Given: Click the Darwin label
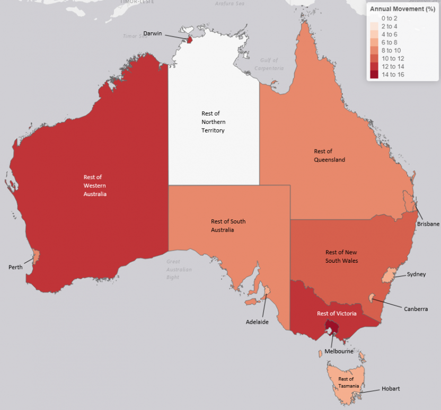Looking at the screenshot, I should click(153, 33).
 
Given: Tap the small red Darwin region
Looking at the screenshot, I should click(189, 40).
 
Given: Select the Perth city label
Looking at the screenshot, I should click(15, 267).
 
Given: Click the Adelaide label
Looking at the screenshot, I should click(257, 322).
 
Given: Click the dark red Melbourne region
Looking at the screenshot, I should click(331, 332).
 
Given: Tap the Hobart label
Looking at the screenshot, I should click(391, 389).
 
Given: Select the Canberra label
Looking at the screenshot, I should click(416, 309).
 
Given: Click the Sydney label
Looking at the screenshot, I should click(416, 274).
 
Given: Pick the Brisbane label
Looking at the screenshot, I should click(428, 224).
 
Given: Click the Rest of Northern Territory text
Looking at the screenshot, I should click(213, 122).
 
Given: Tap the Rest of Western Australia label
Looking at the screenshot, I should click(95, 185).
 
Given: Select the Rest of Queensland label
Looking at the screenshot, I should click(329, 155).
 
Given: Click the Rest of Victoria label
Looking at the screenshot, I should click(337, 314).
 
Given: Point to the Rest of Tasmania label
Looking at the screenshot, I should click(346, 382).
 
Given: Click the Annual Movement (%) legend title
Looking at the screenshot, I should click(402, 9).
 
